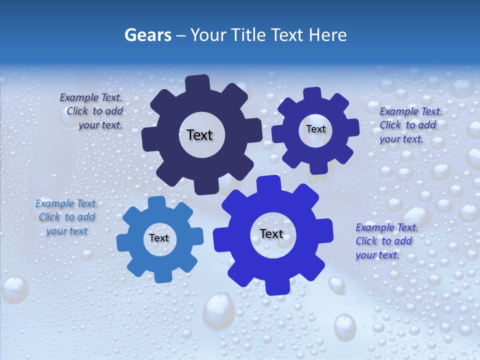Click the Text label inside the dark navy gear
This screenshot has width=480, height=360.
[199, 135]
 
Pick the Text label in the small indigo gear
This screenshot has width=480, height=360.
[315, 129]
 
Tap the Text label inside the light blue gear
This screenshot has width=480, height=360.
[159, 238]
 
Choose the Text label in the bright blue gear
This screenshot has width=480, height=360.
[271, 233]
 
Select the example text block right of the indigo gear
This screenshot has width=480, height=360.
[410, 125]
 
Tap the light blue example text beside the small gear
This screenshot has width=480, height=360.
[66, 217]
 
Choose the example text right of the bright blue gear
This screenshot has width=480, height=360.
[386, 241]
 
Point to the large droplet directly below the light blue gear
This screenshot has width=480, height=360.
[218, 307]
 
